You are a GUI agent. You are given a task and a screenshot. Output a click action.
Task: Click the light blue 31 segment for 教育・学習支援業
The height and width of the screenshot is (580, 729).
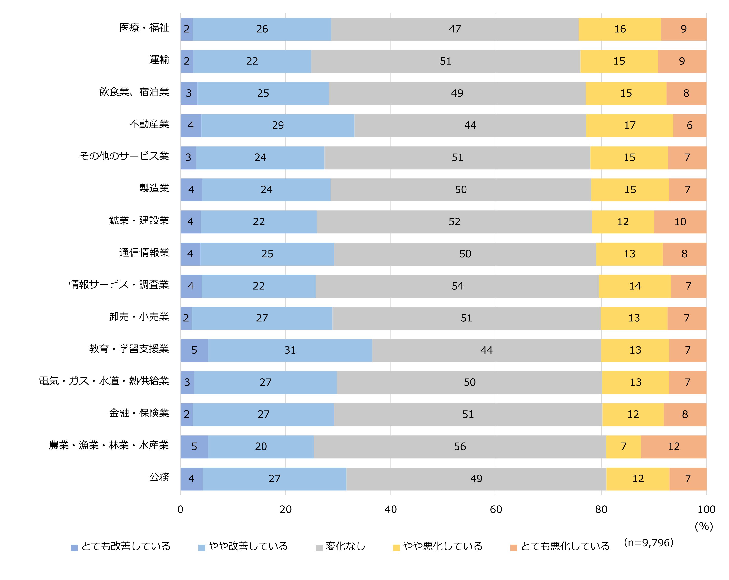coord(290,350)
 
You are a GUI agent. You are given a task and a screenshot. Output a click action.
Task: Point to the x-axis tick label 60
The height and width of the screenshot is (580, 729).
coord(496,509)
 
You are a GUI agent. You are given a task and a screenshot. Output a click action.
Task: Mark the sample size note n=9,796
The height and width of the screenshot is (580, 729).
coord(648,542)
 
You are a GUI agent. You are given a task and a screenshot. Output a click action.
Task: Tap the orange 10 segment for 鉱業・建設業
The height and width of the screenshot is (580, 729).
coord(680,222)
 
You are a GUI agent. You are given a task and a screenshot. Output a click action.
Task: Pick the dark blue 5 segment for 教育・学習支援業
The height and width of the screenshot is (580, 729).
coord(194,350)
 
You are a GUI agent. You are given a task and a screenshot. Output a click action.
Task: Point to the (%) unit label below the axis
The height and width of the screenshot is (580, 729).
coord(704,526)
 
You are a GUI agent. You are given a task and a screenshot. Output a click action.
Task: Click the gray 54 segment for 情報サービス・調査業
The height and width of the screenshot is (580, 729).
coord(457,286)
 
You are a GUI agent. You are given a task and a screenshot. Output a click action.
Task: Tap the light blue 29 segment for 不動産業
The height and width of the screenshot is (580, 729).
coord(278,125)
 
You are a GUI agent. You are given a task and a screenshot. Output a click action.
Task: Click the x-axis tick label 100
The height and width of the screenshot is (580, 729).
coord(706,509)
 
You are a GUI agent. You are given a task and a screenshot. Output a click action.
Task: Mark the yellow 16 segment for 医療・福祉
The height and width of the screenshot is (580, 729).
coord(619,29)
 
